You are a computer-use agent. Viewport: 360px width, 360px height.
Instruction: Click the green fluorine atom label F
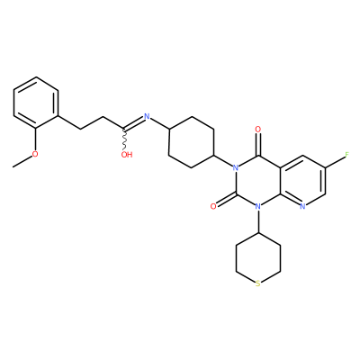coord(347,155)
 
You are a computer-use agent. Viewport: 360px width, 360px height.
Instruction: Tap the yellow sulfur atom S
coord(258,283)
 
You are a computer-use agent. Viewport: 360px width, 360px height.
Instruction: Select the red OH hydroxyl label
coord(127,155)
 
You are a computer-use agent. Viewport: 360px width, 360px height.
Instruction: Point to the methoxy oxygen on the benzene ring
coord(35,154)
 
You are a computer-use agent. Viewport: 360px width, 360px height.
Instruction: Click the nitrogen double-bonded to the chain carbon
coord(147,116)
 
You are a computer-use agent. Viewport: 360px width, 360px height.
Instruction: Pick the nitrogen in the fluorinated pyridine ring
coord(302,206)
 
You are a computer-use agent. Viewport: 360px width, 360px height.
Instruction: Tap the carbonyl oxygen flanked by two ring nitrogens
coord(213,206)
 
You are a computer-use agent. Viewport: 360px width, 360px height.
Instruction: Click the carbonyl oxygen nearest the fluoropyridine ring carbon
coord(257,130)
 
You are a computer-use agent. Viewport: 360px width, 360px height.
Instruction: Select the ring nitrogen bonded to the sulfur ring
coord(257,206)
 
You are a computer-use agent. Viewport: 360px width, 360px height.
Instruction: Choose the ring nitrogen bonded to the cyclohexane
coord(236,167)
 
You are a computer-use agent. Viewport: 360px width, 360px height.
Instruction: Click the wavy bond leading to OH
coord(125,140)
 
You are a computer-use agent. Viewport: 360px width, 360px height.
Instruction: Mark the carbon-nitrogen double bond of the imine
coord(133,123)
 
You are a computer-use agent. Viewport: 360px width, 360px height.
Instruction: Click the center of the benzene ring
coord(36,103)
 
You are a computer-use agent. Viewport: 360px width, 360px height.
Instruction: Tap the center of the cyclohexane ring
coord(192,142)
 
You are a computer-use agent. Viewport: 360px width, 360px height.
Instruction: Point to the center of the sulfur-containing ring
coord(258,258)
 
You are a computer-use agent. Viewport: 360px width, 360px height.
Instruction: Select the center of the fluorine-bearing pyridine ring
coord(302,181)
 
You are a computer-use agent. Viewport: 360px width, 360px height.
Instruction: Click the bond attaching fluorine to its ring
coord(335,161)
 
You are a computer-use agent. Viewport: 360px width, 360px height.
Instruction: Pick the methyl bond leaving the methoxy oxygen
coord(22,161)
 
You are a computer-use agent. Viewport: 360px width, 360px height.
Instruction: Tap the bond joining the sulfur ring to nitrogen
coord(258,221)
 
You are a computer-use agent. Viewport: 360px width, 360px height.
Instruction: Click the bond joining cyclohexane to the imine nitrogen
coord(159,123)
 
